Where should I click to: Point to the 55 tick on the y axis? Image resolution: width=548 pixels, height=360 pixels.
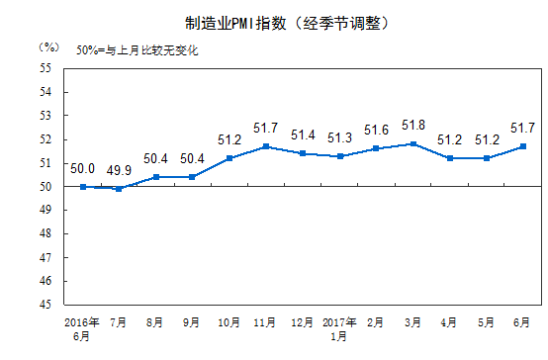pos(46,68)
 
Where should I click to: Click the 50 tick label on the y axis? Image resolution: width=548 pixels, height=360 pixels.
pos(46,186)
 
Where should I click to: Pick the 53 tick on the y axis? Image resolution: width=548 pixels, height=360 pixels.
pos(46,116)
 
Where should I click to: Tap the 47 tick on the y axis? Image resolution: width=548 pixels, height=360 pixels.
pos(46,257)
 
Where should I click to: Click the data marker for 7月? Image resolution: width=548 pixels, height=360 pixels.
pos(120,188)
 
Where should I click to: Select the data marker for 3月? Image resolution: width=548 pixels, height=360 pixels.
pos(412,143)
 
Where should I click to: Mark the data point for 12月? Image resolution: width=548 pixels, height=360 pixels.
pos(303,153)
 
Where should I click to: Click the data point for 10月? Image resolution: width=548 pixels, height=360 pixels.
pos(229,158)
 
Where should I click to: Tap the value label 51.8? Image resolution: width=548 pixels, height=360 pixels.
pos(412,126)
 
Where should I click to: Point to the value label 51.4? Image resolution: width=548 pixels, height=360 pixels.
pos(303,135)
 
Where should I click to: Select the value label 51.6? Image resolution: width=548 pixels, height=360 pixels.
pos(376,131)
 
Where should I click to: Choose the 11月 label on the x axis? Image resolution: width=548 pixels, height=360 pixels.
pos(266,322)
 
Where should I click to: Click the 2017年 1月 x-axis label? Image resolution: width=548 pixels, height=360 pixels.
pos(339,328)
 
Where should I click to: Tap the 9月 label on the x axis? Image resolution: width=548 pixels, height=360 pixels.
pos(193,322)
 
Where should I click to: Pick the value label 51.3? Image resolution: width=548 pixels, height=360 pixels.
pos(339,137)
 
